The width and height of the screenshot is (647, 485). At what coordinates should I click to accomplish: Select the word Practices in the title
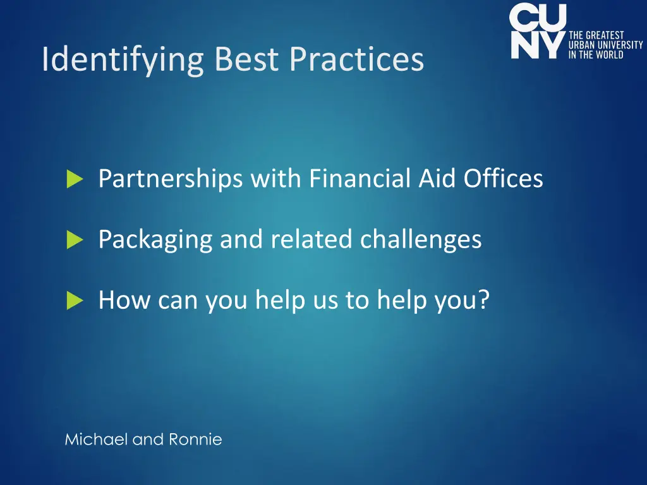[x=357, y=59]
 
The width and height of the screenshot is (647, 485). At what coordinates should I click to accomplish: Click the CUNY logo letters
[x=538, y=32]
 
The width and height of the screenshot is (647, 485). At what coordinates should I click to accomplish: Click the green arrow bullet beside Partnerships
[x=75, y=180]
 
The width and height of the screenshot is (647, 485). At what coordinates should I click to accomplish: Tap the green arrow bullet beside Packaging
[x=75, y=240]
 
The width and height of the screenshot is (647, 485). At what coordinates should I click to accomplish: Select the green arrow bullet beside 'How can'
[x=75, y=301]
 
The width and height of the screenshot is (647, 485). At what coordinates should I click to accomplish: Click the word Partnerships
[x=170, y=179]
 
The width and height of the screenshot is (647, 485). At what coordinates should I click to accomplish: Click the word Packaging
[x=155, y=239]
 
